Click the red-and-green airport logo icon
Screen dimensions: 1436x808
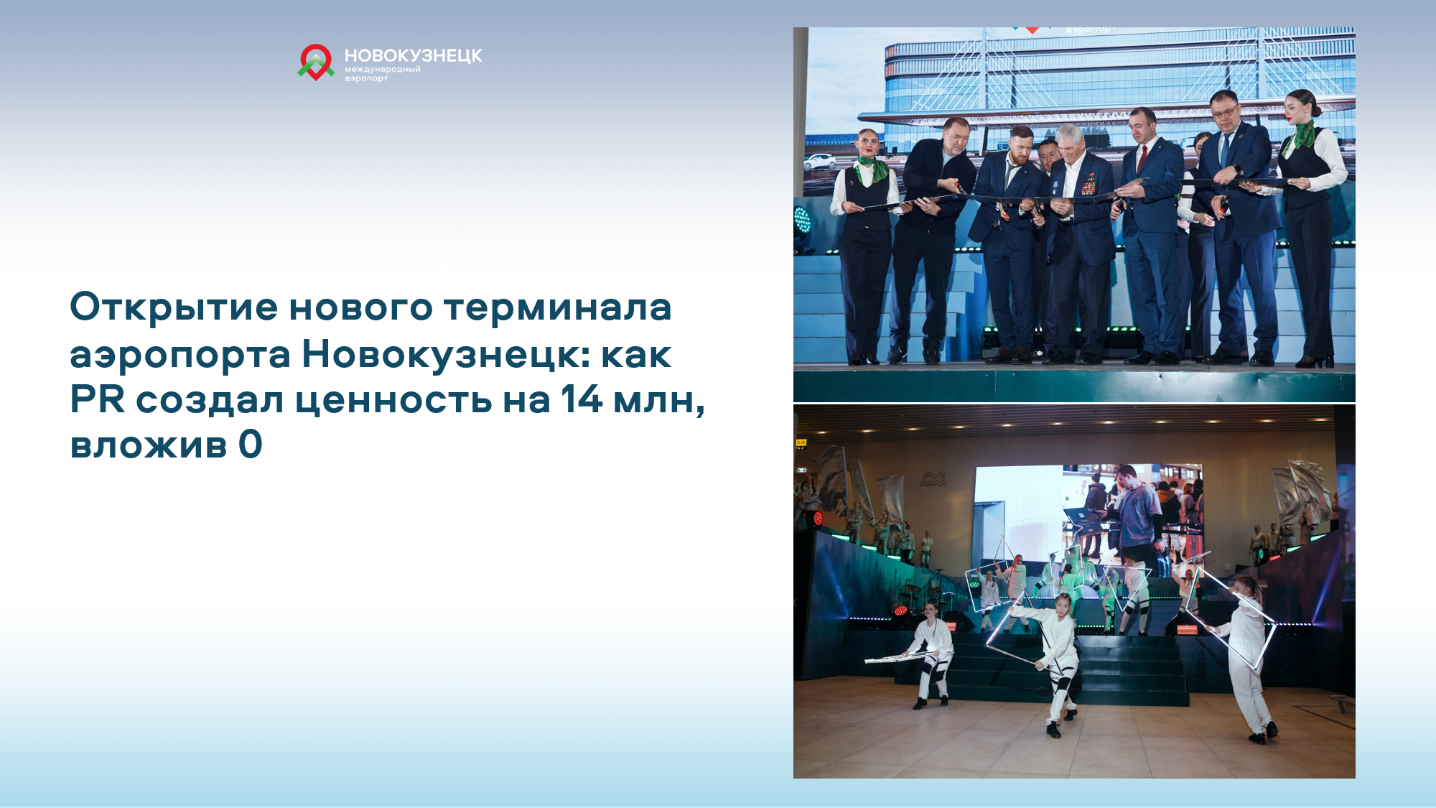(x=316, y=62)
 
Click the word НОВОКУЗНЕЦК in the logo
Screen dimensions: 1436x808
(x=414, y=56)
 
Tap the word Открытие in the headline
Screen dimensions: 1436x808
(x=174, y=308)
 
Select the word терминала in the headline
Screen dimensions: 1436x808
(x=557, y=307)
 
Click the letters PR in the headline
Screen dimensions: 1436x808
(x=98, y=399)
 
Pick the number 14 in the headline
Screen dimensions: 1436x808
(x=582, y=399)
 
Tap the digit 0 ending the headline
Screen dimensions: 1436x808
(x=251, y=445)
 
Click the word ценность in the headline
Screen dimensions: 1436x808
(x=394, y=401)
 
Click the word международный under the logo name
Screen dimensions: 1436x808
(x=383, y=70)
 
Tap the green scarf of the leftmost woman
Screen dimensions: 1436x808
(x=872, y=170)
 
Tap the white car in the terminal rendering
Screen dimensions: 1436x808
(x=820, y=161)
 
